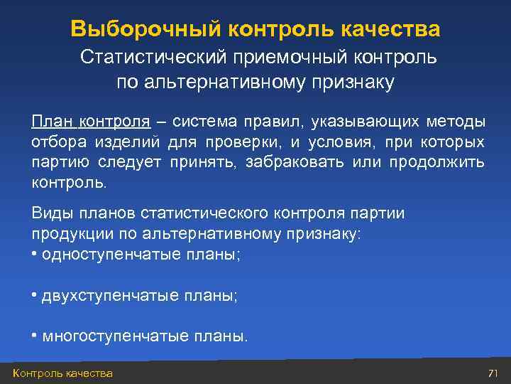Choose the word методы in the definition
tap(459, 121)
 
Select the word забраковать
tap(295, 162)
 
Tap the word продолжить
tap(437, 162)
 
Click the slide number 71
tap(493, 373)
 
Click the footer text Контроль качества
tap(62, 373)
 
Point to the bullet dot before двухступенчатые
tap(35, 294)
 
